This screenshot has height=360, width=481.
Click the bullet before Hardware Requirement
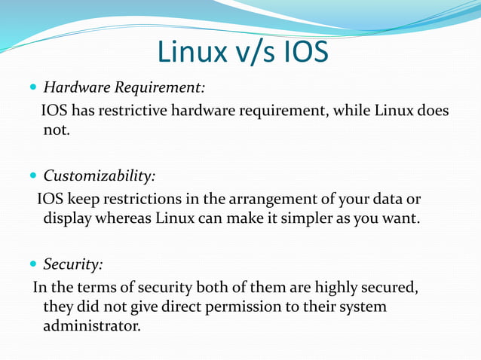pos(33,88)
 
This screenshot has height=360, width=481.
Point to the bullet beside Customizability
pos(33,177)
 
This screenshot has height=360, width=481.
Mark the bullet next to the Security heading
pos(33,265)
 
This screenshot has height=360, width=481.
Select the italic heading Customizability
pos(100,177)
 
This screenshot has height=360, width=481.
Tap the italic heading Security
pos(73,265)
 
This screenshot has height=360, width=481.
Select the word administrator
pos(91,327)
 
